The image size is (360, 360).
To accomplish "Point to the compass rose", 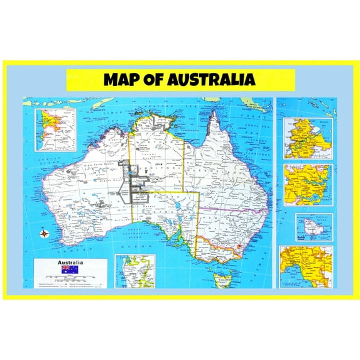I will click(x=45, y=235).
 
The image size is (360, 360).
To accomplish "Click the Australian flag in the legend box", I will click(x=69, y=270).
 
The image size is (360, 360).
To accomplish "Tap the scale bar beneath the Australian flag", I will click(x=70, y=277).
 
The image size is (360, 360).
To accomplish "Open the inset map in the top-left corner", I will click(x=55, y=130).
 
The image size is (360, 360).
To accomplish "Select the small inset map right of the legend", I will click(x=135, y=271).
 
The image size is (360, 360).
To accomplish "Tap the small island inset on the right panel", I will click(x=314, y=227).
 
